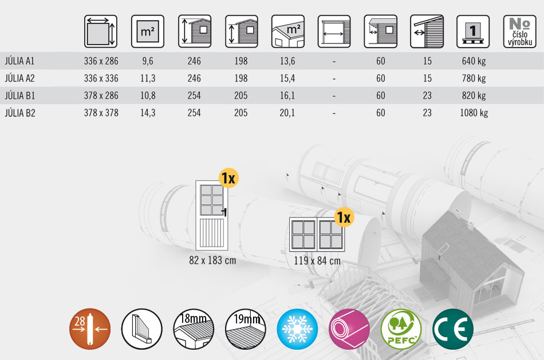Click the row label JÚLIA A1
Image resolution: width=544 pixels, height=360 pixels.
click(19, 61)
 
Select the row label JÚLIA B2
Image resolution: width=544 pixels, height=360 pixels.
click(20, 113)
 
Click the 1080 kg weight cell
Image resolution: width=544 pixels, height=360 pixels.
click(474, 113)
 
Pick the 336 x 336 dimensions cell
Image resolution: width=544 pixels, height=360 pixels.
click(101, 78)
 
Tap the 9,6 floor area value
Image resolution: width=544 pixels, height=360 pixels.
click(147, 61)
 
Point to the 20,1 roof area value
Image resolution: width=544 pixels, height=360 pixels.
click(287, 113)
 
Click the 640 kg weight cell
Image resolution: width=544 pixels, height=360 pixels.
click(474, 61)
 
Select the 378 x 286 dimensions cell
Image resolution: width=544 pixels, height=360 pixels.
click(101, 96)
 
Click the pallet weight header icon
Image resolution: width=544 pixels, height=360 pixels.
click(473, 31)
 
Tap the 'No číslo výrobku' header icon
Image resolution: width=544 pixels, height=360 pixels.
click(520, 31)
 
